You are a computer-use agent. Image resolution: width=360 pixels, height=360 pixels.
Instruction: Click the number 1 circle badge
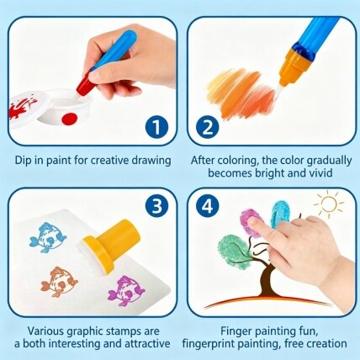(156, 127)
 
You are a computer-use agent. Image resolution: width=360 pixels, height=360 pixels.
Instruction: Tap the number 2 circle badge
(208, 127)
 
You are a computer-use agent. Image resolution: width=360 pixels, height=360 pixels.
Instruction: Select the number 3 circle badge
(156, 206)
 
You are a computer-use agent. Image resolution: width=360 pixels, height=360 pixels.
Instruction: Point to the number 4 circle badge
(208, 206)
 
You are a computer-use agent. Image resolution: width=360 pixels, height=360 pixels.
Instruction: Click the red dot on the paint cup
(69, 119)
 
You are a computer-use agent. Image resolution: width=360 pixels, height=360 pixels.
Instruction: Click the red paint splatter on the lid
(22, 107)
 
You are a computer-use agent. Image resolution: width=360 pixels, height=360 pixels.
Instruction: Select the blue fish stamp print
(48, 237)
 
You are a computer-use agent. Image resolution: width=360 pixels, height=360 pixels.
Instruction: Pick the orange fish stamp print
(59, 282)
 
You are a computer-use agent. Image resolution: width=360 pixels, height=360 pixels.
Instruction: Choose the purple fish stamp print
(126, 291)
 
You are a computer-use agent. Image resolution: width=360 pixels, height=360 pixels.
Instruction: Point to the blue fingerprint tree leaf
(280, 214)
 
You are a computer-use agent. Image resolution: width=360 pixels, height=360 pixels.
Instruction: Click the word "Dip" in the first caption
(22, 161)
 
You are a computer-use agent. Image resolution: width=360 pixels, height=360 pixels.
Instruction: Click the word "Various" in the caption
(45, 331)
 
